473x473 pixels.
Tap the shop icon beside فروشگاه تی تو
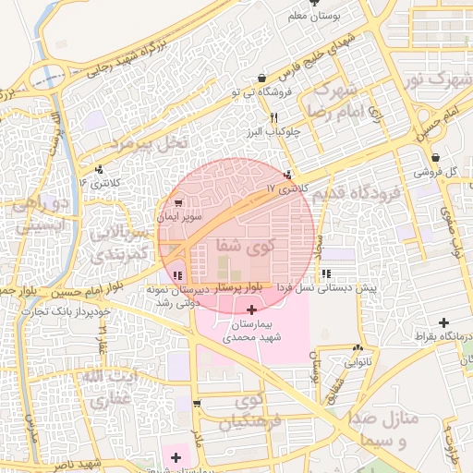click(x=263, y=77)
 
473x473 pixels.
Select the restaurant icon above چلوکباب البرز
click(x=273, y=117)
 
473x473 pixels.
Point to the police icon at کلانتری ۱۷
click(x=288, y=174)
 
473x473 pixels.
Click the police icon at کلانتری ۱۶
click(x=98, y=168)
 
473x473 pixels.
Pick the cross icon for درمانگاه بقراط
click(x=444, y=322)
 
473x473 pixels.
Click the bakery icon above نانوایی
click(x=357, y=348)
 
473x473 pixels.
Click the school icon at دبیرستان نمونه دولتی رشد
click(x=177, y=274)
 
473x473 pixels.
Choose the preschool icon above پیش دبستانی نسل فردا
click(x=326, y=273)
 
